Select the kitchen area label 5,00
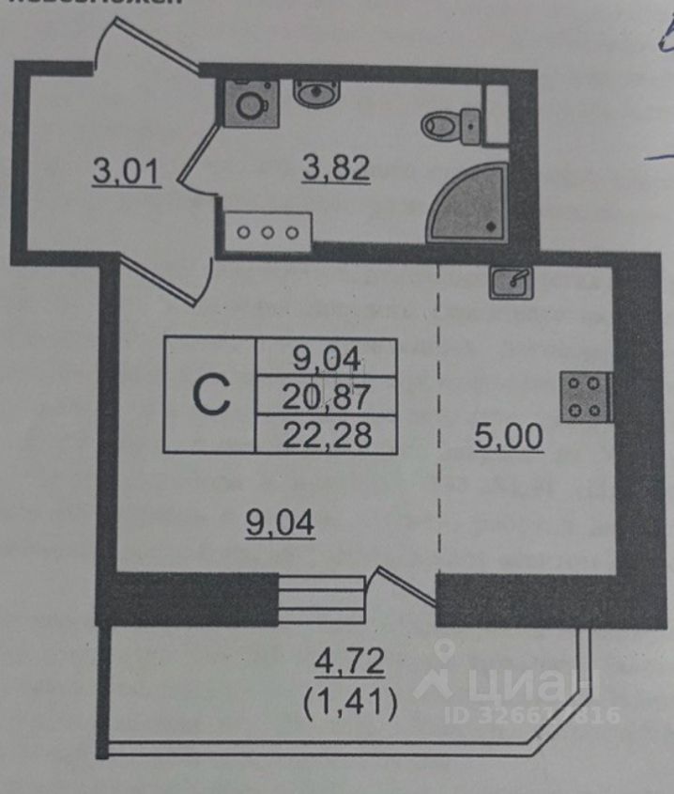pos(508,438)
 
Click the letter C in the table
pos(211,396)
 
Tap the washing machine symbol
pos(249,102)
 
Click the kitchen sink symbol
pos(512,281)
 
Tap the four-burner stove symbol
pos(585,396)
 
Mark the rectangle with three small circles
pos(268,230)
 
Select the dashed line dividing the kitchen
pos(439,423)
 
